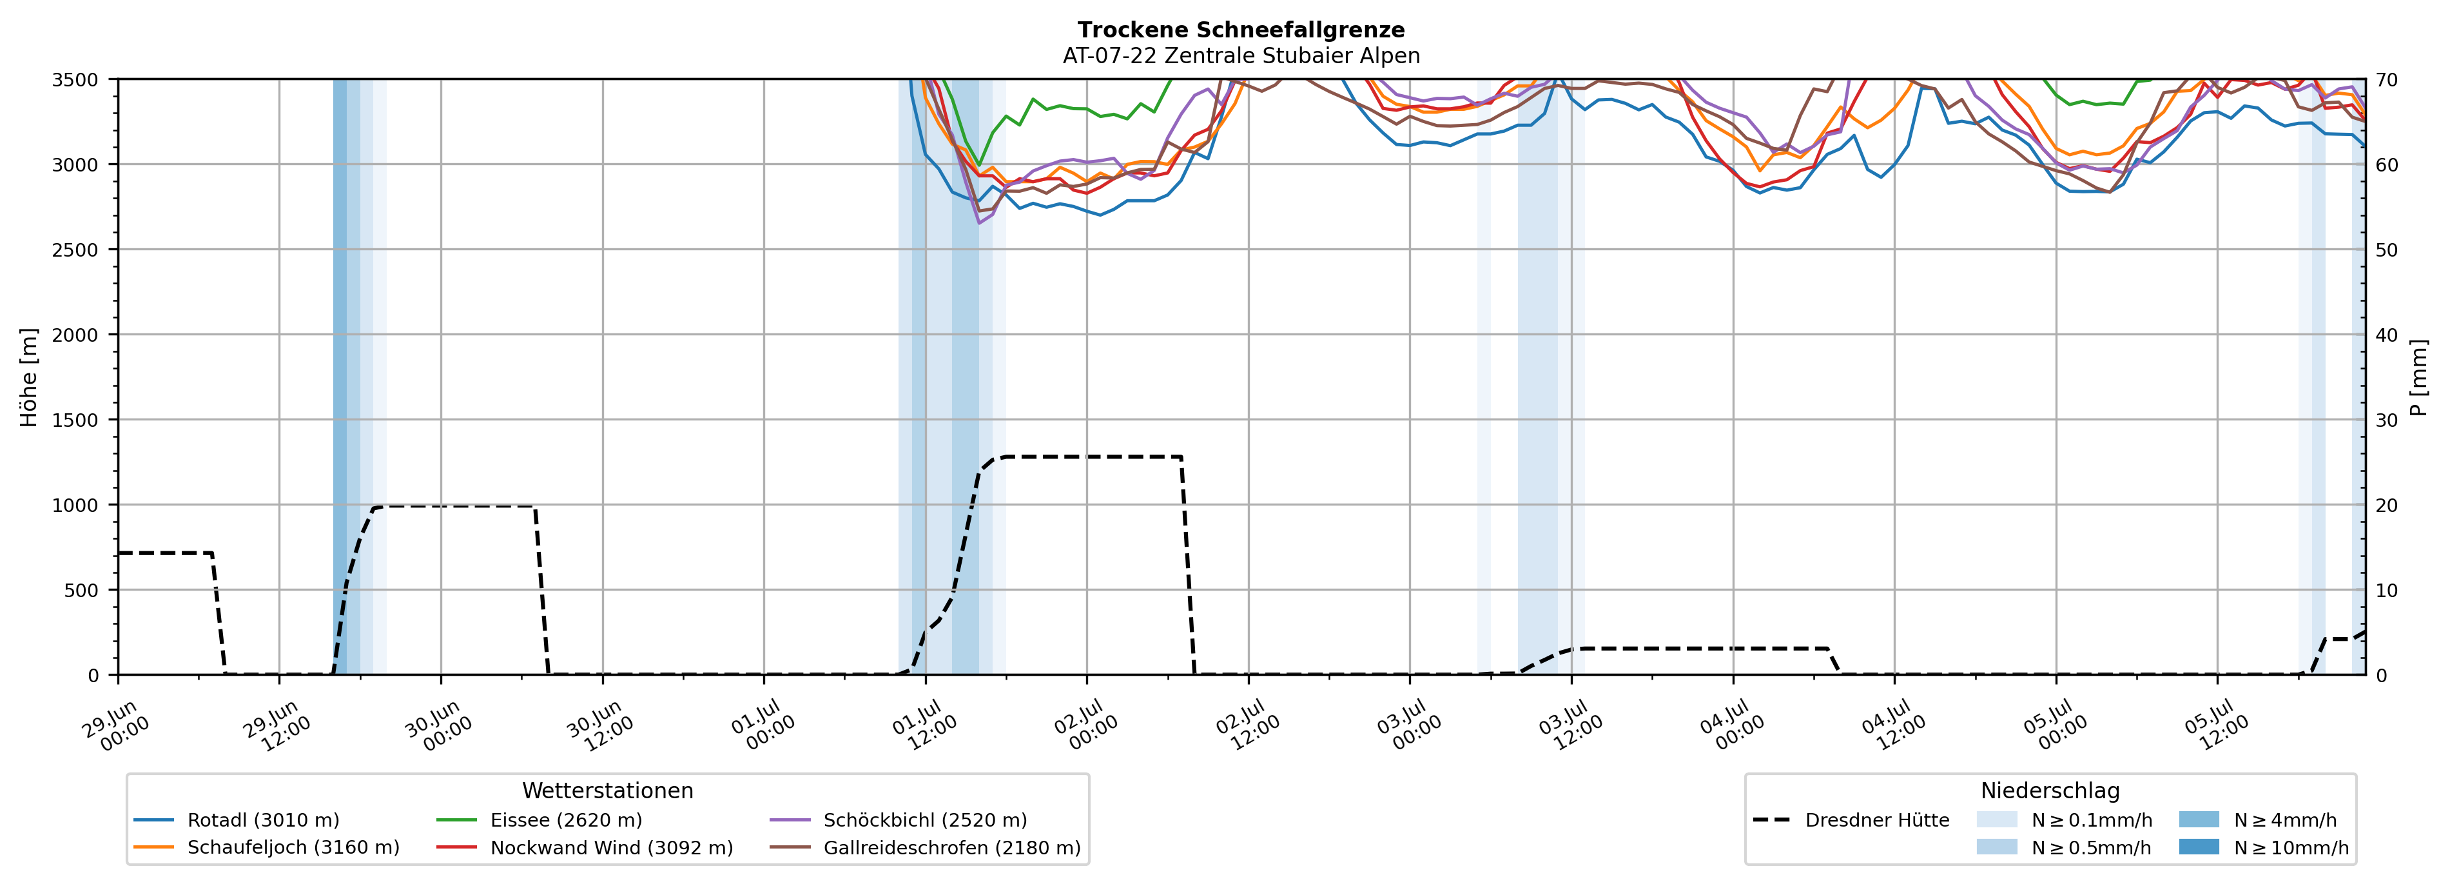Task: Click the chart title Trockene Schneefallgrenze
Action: [1241, 30]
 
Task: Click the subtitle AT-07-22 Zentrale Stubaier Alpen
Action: [1241, 56]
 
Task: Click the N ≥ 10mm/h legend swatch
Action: [2199, 847]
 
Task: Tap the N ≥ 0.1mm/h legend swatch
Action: [1996, 820]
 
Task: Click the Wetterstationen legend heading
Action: [608, 791]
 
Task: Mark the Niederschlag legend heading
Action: [2050, 791]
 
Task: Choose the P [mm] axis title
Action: [2420, 378]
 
